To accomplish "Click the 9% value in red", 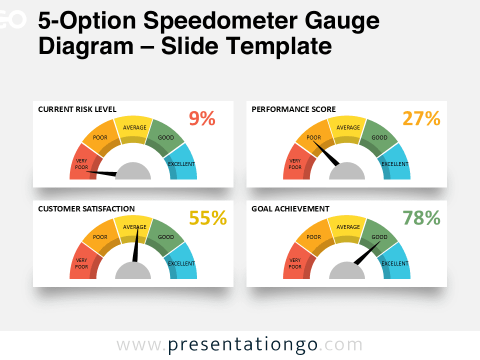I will pyautogui.click(x=202, y=118).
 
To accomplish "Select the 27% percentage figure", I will pyautogui.click(x=421, y=118).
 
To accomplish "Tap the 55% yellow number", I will pyautogui.click(x=207, y=218).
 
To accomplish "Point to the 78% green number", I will pyautogui.click(x=421, y=218).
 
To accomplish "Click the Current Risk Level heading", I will pyautogui.click(x=77, y=109).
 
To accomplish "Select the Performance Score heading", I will pyautogui.click(x=293, y=109).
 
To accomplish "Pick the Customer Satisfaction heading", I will pyautogui.click(x=86, y=208).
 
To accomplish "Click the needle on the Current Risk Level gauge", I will pyautogui.click(x=102, y=173).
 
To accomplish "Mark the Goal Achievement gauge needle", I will pyautogui.click(x=365, y=254).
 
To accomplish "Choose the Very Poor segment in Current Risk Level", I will pyautogui.click(x=81, y=163).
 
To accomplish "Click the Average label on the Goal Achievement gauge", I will pyautogui.click(x=348, y=227).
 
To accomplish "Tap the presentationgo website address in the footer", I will pyautogui.click(x=239, y=345).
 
